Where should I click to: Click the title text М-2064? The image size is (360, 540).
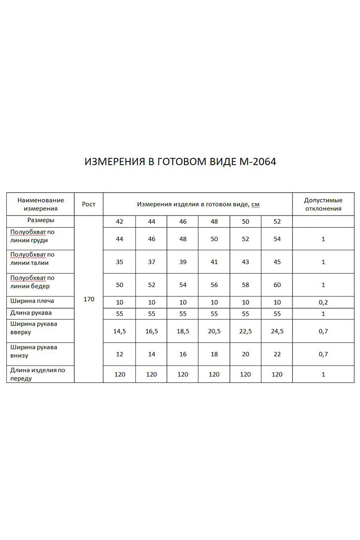[256, 162]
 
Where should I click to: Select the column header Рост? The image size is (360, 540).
[89, 204]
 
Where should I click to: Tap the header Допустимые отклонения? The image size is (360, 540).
[323, 204]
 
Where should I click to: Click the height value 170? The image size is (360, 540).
[89, 299]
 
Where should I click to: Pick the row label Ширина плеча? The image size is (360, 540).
[32, 301]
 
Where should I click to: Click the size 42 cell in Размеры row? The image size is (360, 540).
[119, 221]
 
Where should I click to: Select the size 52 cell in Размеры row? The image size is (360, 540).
[277, 221]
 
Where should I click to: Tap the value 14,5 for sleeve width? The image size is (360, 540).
[119, 331]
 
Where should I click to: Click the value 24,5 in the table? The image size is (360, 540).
[277, 331]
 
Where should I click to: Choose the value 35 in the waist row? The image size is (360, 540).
[119, 262]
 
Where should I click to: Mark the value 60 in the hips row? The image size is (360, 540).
[277, 285]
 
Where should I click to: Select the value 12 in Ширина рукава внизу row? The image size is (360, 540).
[119, 354]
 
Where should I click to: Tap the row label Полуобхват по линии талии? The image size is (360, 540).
[32, 258]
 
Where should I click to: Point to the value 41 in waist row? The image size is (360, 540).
[214, 262]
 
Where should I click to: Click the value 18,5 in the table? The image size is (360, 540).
[183, 331]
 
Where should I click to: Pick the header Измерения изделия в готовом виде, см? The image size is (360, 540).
[198, 204]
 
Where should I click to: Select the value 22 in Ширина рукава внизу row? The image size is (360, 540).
[277, 354]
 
